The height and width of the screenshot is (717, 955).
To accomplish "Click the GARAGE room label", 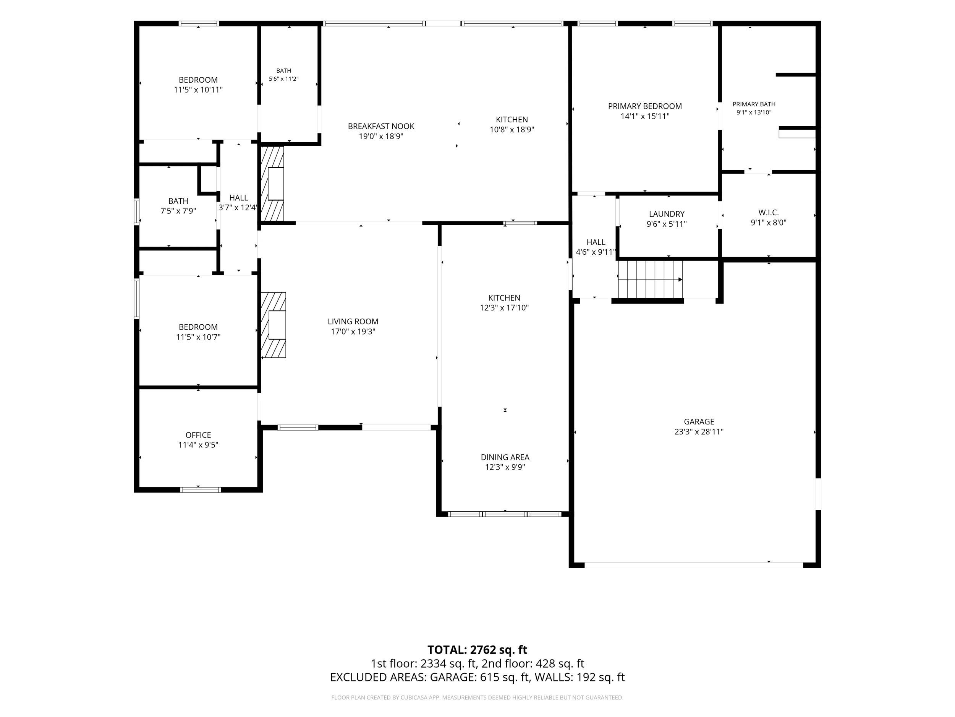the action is pyautogui.click(x=699, y=421).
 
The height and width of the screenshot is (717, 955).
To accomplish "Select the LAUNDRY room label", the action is pyautogui.click(x=667, y=214).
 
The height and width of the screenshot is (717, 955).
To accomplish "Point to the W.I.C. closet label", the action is pyautogui.click(x=769, y=213).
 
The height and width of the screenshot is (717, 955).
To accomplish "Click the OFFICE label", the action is pyautogui.click(x=198, y=435).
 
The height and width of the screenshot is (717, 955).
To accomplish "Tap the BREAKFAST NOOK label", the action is pyautogui.click(x=381, y=126).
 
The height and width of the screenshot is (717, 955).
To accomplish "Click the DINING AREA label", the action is pyautogui.click(x=505, y=457).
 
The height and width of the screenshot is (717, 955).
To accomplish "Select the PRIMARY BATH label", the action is pyautogui.click(x=754, y=104).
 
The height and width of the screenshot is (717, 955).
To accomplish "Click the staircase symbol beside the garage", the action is pyautogui.click(x=650, y=279).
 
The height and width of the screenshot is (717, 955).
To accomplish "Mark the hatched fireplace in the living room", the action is pyautogui.click(x=273, y=325).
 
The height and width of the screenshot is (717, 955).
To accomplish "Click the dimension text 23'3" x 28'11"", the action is pyautogui.click(x=699, y=431).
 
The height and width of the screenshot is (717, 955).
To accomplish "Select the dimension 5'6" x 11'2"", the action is pyautogui.click(x=284, y=79).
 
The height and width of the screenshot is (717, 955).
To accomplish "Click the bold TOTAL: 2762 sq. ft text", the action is pyautogui.click(x=477, y=650).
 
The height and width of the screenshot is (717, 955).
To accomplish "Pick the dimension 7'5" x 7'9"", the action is pyautogui.click(x=178, y=211).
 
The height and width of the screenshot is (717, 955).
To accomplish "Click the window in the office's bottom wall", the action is pyautogui.click(x=200, y=490).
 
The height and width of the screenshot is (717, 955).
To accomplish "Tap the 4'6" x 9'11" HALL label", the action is pyautogui.click(x=596, y=247).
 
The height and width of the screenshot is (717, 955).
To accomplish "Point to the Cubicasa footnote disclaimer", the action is pyautogui.click(x=477, y=697).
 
